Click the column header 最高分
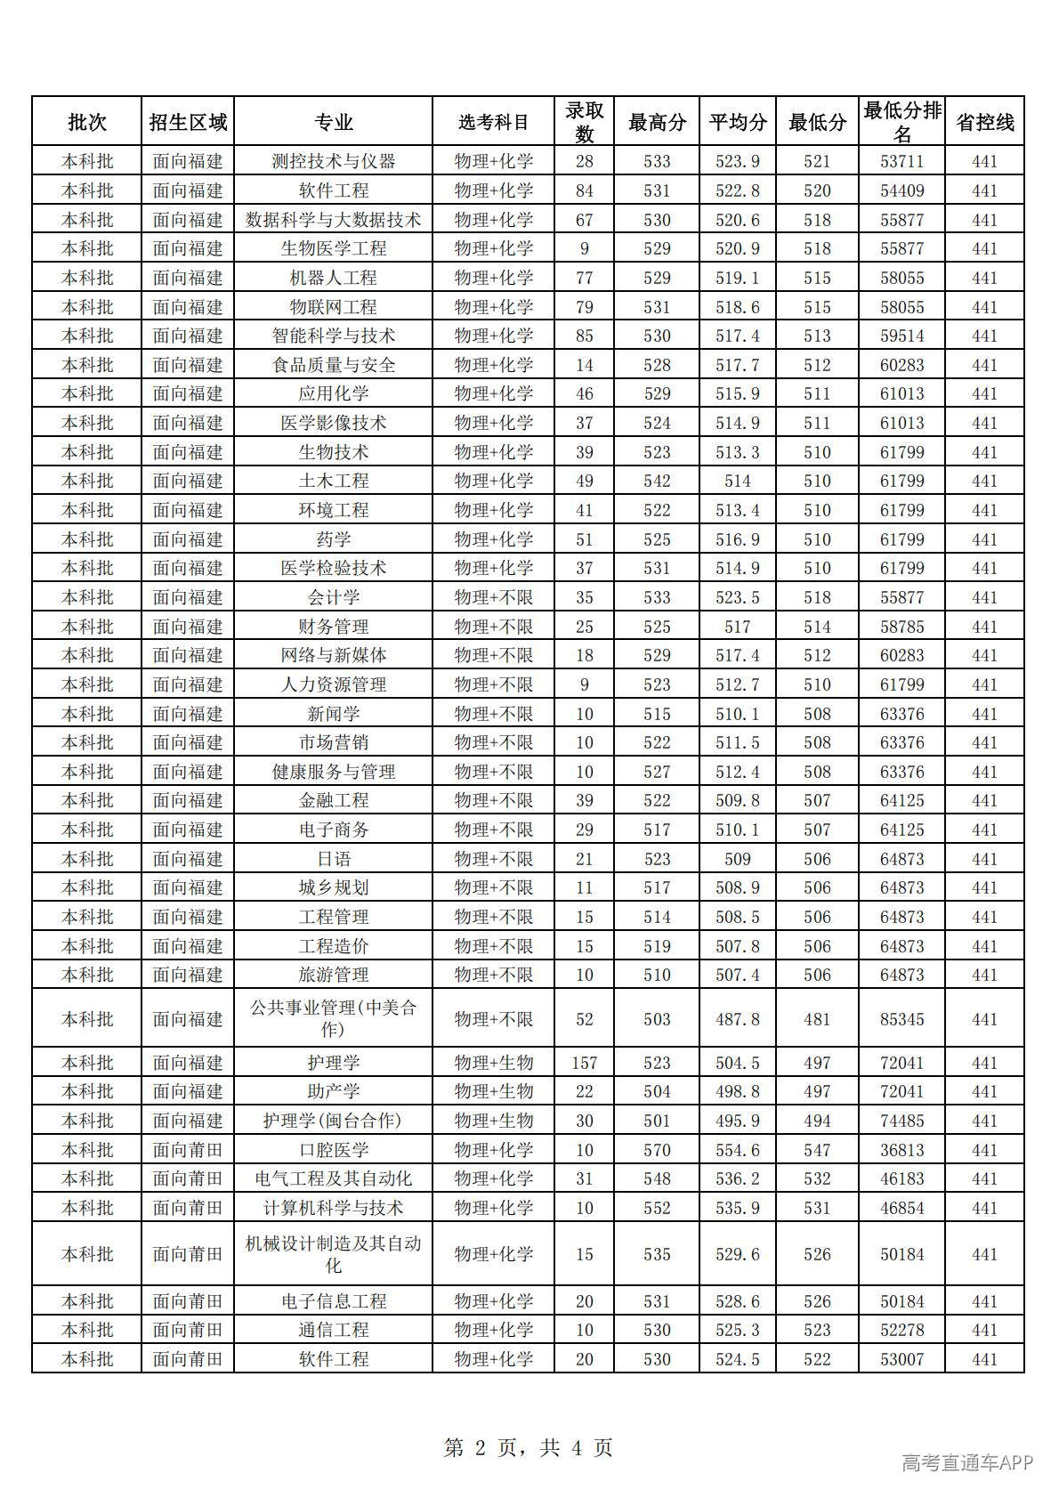click(657, 122)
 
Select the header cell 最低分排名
click(901, 122)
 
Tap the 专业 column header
click(333, 122)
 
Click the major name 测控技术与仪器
click(333, 161)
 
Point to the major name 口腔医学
click(333, 1149)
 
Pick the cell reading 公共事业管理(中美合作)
click(333, 1018)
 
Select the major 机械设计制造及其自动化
click(333, 1253)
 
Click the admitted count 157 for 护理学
click(584, 1062)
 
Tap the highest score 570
click(657, 1149)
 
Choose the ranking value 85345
click(901, 1018)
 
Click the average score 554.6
click(737, 1149)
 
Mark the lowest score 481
click(816, 1018)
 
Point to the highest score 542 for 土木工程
click(657, 481)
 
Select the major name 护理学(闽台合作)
click(333, 1120)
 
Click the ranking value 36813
click(901, 1149)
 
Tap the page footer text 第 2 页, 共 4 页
click(528, 1447)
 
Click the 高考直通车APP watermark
click(966, 1462)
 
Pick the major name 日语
click(333, 858)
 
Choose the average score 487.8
click(737, 1018)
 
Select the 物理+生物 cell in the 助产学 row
click(493, 1090)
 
